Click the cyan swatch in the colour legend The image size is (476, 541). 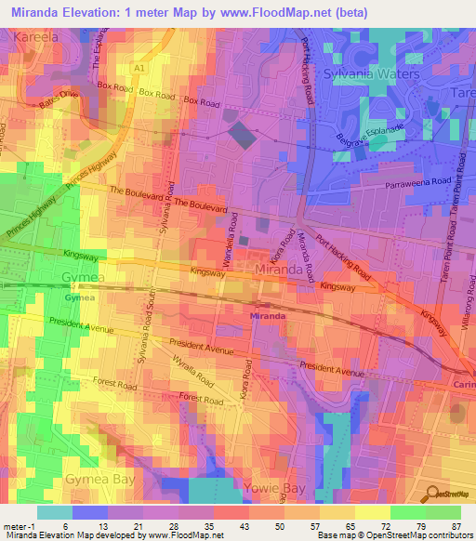point(55,512)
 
